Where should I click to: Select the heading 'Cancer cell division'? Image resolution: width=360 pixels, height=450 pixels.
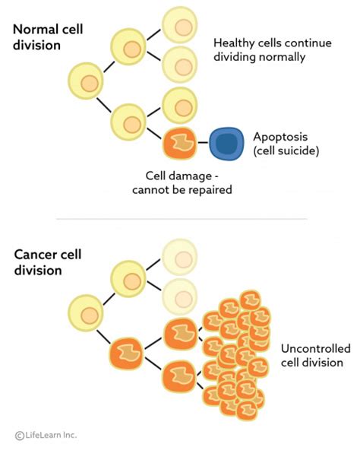click(46, 261)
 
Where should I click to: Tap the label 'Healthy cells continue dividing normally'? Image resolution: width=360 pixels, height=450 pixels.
click(273, 49)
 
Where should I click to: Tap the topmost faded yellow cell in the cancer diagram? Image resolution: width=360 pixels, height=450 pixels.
click(180, 257)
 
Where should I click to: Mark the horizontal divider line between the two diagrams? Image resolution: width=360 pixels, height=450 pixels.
click(180, 219)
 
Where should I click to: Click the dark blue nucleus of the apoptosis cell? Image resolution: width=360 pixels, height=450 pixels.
click(224, 142)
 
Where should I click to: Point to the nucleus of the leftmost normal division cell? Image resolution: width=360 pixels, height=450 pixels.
click(89, 82)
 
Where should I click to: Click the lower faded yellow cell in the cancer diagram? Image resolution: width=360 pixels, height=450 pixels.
click(180, 293)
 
